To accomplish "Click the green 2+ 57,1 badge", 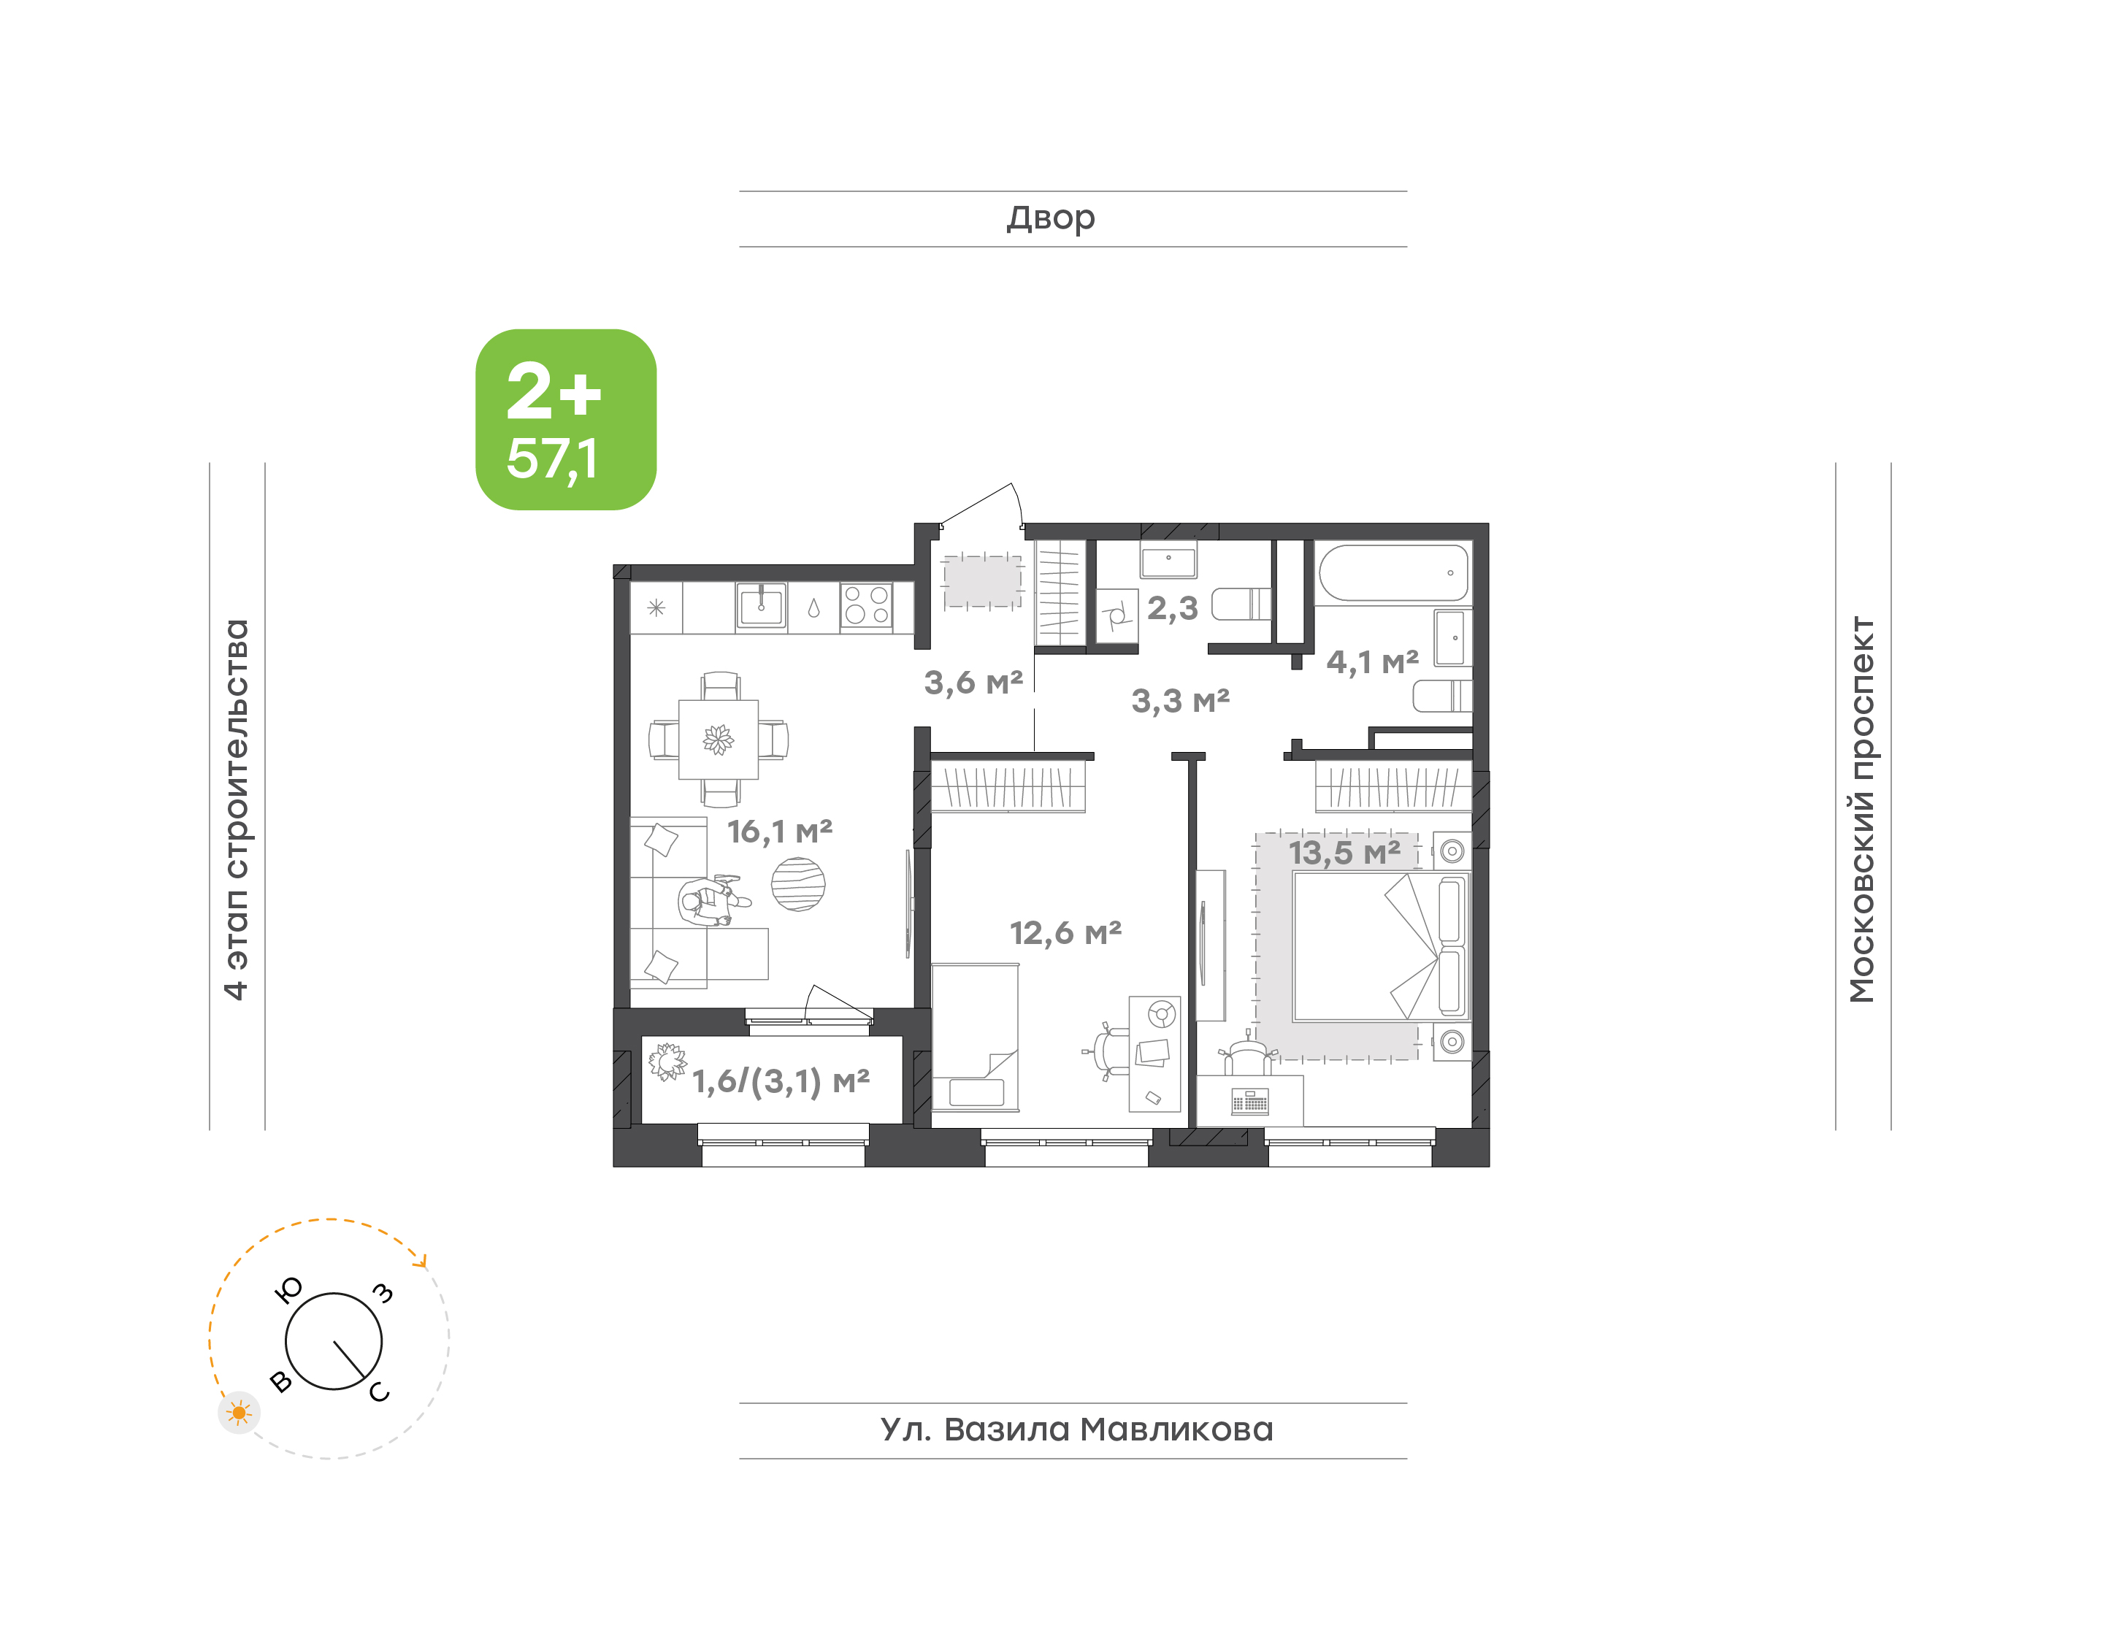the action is click(x=565, y=419).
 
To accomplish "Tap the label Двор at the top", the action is click(x=1051, y=219).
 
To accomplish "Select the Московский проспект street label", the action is click(x=1861, y=810).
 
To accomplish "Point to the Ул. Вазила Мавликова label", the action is click(x=1076, y=1430).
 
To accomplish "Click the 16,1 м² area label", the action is click(x=780, y=831).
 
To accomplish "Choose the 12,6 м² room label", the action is click(x=1065, y=932).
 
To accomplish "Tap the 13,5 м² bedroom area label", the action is click(x=1345, y=852).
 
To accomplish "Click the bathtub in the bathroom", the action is click(x=1393, y=573).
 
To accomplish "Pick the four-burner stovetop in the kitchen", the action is click(x=867, y=607).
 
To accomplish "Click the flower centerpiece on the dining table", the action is click(x=718, y=740).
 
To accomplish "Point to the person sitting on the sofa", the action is click(x=711, y=900).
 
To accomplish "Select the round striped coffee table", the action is click(x=798, y=884).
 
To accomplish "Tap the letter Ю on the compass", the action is click(x=289, y=1289).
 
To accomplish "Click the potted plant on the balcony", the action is click(x=667, y=1062).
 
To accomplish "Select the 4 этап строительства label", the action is click(x=237, y=810).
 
